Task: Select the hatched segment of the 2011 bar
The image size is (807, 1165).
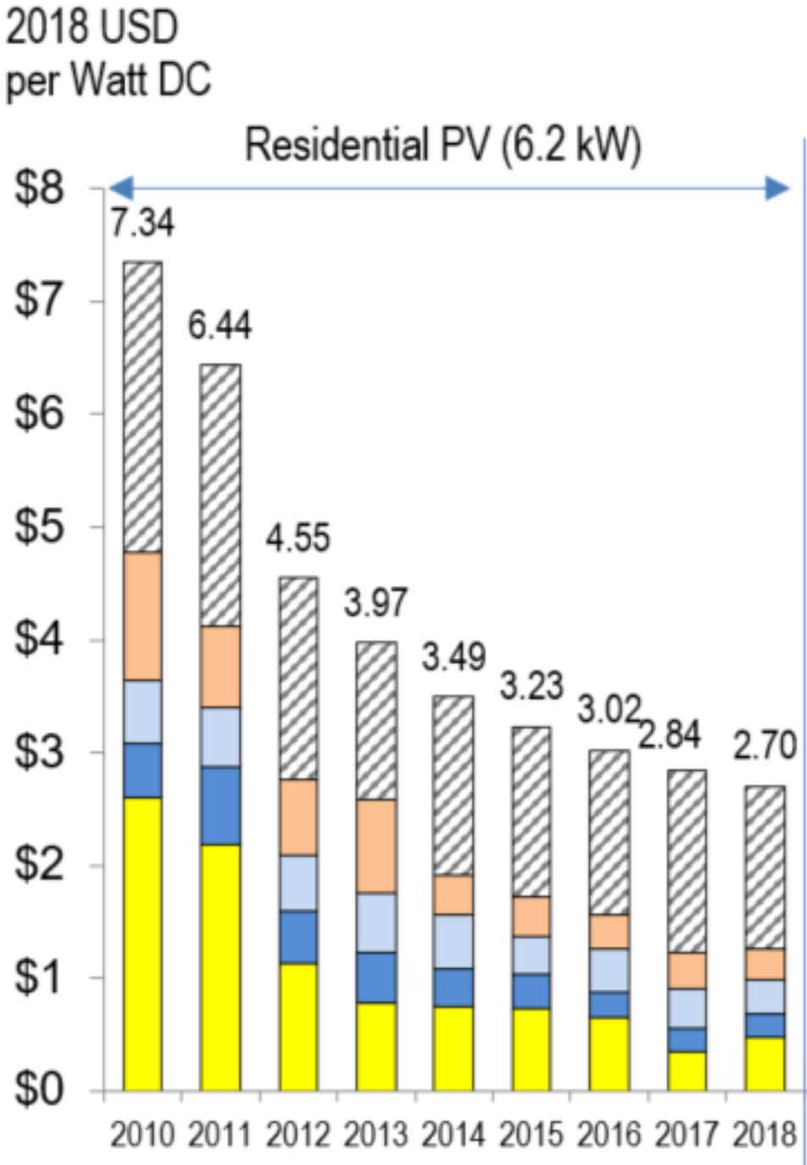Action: (x=220, y=495)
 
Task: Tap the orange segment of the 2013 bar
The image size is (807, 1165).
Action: (x=376, y=845)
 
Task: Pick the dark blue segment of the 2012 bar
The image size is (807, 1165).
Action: (x=298, y=937)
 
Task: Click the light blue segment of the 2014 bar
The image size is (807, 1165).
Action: (x=454, y=941)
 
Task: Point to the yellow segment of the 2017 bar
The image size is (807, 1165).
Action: (x=687, y=1070)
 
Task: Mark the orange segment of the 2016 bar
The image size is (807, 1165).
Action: (x=609, y=931)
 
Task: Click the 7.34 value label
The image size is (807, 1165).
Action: (x=142, y=222)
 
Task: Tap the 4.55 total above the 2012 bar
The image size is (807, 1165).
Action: (x=298, y=538)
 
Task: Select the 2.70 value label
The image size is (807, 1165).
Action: (x=765, y=746)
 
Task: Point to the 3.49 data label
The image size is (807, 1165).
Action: (x=454, y=657)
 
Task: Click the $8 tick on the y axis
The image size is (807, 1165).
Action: (x=39, y=189)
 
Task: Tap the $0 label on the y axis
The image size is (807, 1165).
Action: (x=39, y=1090)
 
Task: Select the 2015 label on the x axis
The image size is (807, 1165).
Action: (x=532, y=1134)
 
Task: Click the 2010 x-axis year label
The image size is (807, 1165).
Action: (x=142, y=1134)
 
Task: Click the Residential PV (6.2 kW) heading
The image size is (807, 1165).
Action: (x=443, y=145)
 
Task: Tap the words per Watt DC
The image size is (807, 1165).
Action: (x=109, y=81)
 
